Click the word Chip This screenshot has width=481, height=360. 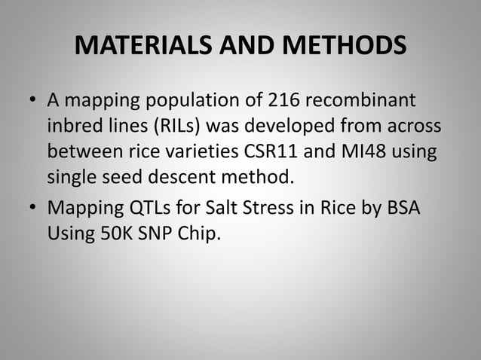(x=200, y=234)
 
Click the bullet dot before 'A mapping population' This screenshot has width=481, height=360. (x=32, y=101)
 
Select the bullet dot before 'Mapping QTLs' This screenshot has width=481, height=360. (x=32, y=209)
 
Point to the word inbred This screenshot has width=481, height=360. (x=72, y=127)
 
